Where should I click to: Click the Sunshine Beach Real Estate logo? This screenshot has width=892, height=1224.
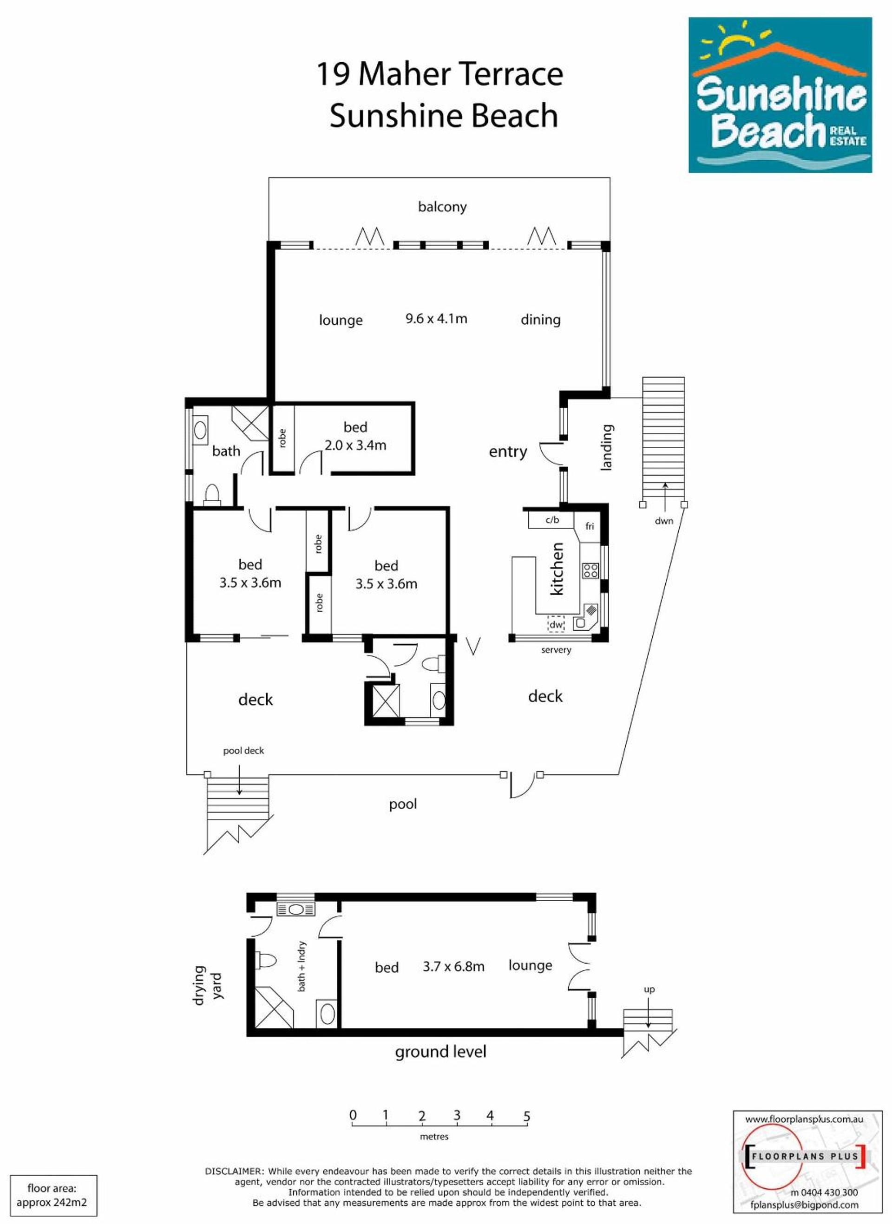pyautogui.click(x=780, y=95)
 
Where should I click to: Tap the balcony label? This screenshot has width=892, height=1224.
pyautogui.click(x=442, y=207)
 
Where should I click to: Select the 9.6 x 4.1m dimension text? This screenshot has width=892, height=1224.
pyautogui.click(x=436, y=319)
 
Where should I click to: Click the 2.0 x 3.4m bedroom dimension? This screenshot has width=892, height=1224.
pyautogui.click(x=355, y=445)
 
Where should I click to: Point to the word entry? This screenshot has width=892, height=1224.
pyautogui.click(x=507, y=452)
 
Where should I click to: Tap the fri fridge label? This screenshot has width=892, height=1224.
pyautogui.click(x=590, y=526)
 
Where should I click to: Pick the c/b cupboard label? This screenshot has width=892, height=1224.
pyautogui.click(x=552, y=520)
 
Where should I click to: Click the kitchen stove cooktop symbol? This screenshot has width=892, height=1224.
pyautogui.click(x=590, y=570)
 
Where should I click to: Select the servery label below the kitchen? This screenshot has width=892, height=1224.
pyautogui.click(x=556, y=650)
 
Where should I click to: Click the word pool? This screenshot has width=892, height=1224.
pyautogui.click(x=403, y=805)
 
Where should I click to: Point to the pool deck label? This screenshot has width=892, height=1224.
pyautogui.click(x=243, y=751)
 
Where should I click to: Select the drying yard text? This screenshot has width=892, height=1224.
pyautogui.click(x=207, y=985)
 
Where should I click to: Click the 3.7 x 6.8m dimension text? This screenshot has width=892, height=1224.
pyautogui.click(x=453, y=967)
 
